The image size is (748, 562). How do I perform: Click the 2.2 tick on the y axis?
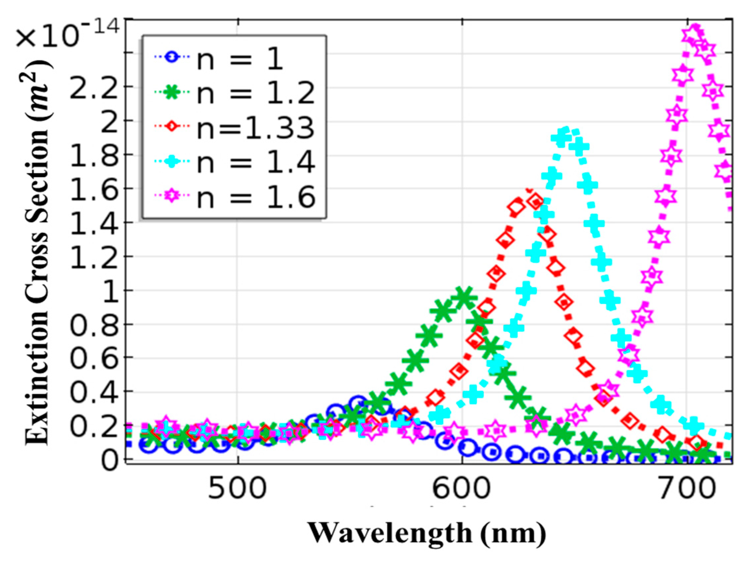tap(91, 88)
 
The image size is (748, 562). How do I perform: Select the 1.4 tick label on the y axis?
tap(91, 223)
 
